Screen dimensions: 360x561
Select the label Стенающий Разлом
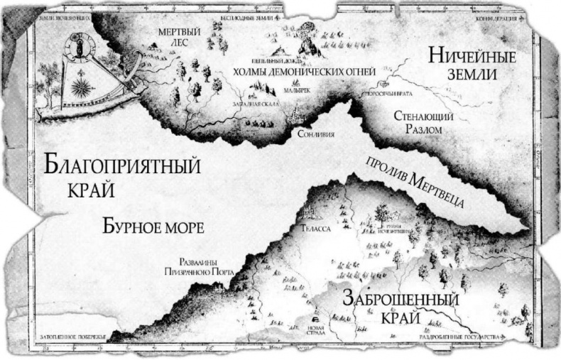(418, 122)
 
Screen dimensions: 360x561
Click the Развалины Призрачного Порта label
(194, 266)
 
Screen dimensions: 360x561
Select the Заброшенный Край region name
(401, 307)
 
